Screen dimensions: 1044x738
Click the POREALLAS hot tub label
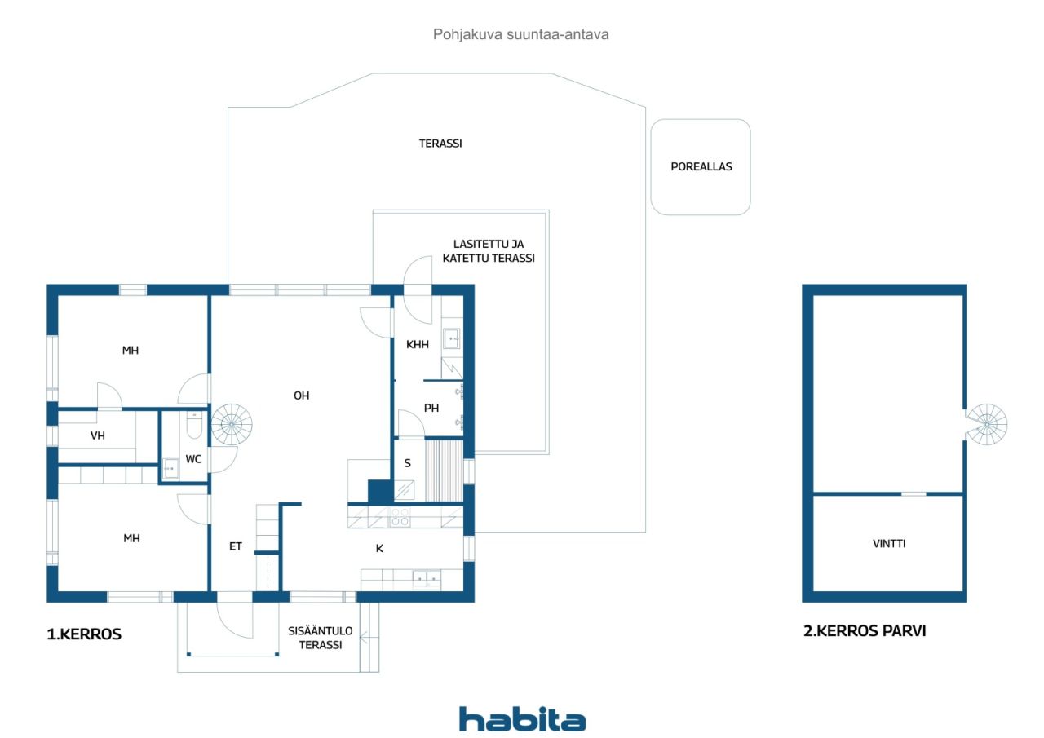(x=701, y=166)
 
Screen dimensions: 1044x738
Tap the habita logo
(x=522, y=719)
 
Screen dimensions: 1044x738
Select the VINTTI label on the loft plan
(x=889, y=543)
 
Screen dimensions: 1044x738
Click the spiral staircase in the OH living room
(x=232, y=424)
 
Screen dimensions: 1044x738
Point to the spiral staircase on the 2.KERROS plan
(x=987, y=424)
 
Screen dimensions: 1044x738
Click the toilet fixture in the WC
(x=194, y=424)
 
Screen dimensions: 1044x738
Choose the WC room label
(x=193, y=459)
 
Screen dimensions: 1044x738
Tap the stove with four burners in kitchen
(x=400, y=517)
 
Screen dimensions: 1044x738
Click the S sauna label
(x=407, y=463)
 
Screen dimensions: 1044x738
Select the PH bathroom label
(x=431, y=408)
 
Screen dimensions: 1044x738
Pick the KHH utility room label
(x=417, y=344)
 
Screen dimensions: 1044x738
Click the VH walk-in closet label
(x=97, y=435)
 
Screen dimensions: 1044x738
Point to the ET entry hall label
(x=236, y=546)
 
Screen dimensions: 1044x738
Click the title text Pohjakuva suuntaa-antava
(x=520, y=34)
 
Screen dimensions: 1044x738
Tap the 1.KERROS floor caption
(x=84, y=634)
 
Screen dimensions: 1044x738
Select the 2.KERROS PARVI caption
(x=865, y=631)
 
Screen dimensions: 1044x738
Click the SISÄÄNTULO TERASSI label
(x=321, y=638)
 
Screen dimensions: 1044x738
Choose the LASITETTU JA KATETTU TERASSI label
(x=489, y=250)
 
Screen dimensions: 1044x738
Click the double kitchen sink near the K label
(x=427, y=579)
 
